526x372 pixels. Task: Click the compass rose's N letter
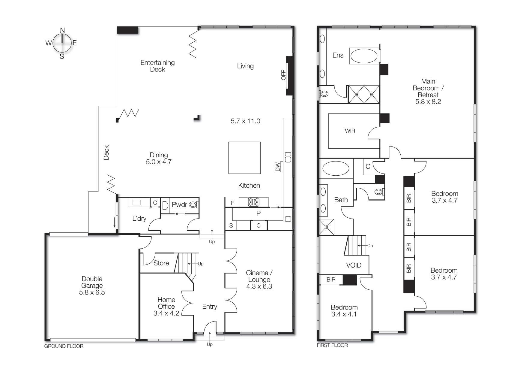pyautogui.click(x=62, y=30)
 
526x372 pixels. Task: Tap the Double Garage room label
pyautogui.click(x=92, y=282)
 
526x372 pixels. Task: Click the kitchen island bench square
pyautogui.click(x=244, y=158)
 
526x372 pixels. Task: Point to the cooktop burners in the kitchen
pyautogui.click(x=253, y=202)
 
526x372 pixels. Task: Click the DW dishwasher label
pyautogui.click(x=277, y=167)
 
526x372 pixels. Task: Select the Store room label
pyautogui.click(x=161, y=263)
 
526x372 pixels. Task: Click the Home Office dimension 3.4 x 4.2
pyautogui.click(x=166, y=313)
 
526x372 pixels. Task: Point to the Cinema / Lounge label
pyautogui.click(x=259, y=276)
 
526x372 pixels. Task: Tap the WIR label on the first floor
pyautogui.click(x=350, y=131)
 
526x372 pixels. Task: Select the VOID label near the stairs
pyautogui.click(x=354, y=265)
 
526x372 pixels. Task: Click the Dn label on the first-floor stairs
pyautogui.click(x=370, y=246)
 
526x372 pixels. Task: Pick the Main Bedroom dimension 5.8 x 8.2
pyautogui.click(x=428, y=102)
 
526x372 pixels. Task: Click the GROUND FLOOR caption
pyautogui.click(x=64, y=346)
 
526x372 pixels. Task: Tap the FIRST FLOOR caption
pyautogui.click(x=332, y=345)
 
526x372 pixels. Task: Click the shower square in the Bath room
pyautogui.click(x=326, y=227)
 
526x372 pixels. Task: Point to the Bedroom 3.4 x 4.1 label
pyautogui.click(x=344, y=311)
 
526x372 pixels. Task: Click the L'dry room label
pyautogui.click(x=139, y=219)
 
